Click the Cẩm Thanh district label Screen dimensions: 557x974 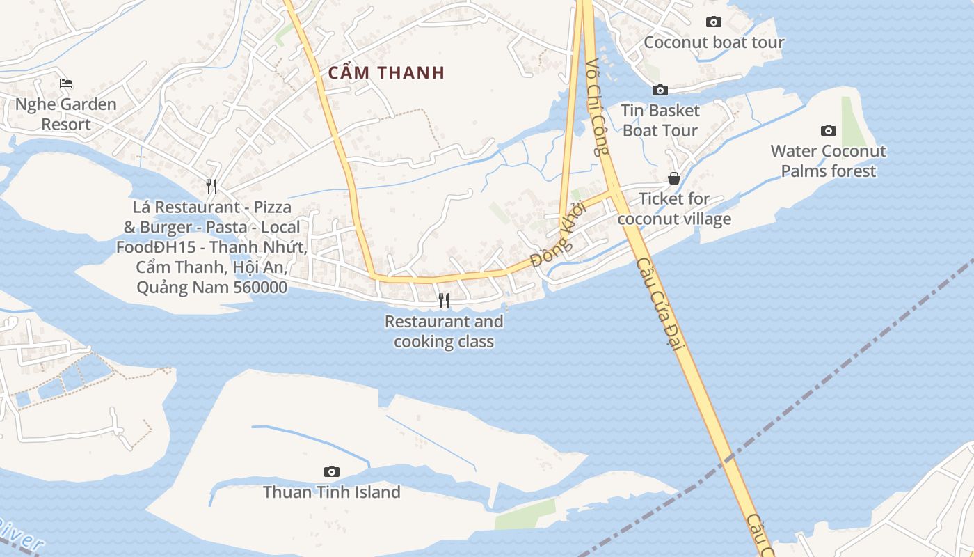pyautogui.click(x=386, y=72)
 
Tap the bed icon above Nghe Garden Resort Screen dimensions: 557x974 pyautogui.click(x=66, y=84)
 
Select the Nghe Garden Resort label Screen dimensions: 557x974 pyautogui.click(x=66, y=114)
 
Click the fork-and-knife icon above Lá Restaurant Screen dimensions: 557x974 pyautogui.click(x=211, y=186)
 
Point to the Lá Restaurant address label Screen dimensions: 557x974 pyautogui.click(x=212, y=247)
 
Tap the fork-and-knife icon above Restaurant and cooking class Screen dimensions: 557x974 pyautogui.click(x=443, y=300)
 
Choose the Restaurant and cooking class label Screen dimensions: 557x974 pyautogui.click(x=444, y=331)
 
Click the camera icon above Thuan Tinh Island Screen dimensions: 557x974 pyautogui.click(x=332, y=471)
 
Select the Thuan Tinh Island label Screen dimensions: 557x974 pyautogui.click(x=332, y=492)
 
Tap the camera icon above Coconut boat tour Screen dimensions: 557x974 pyautogui.click(x=714, y=22)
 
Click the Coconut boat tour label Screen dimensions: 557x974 pyautogui.click(x=714, y=42)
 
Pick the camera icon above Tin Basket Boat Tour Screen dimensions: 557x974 pyautogui.click(x=660, y=90)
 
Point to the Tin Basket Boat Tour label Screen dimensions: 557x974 pyautogui.click(x=660, y=120)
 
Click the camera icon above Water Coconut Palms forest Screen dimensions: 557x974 pyautogui.click(x=828, y=130)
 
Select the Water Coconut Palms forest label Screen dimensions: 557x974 pyautogui.click(x=828, y=161)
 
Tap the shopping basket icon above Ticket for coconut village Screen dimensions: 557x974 pyautogui.click(x=674, y=178)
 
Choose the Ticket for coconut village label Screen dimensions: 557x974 pyautogui.click(x=674, y=209)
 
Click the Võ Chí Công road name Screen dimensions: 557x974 pyautogui.click(x=597, y=107)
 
